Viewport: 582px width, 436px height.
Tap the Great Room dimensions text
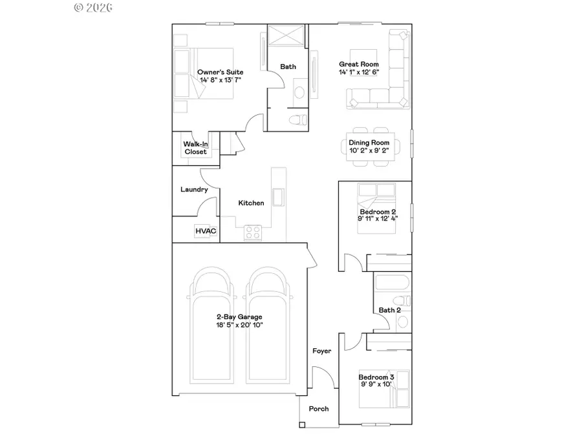click(x=359, y=72)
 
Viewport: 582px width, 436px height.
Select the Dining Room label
click(x=369, y=143)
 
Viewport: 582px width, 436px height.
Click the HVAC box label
click(x=205, y=231)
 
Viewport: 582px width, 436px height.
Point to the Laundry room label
click(x=194, y=190)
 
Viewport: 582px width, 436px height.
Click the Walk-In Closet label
click(x=195, y=148)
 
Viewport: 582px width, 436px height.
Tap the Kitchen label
click(x=251, y=203)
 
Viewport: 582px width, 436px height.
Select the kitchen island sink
click(x=279, y=196)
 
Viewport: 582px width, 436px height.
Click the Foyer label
click(x=322, y=351)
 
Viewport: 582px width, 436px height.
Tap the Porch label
click(x=319, y=408)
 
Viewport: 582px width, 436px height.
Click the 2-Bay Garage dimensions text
click(x=240, y=324)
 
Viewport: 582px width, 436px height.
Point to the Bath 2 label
click(x=390, y=310)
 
